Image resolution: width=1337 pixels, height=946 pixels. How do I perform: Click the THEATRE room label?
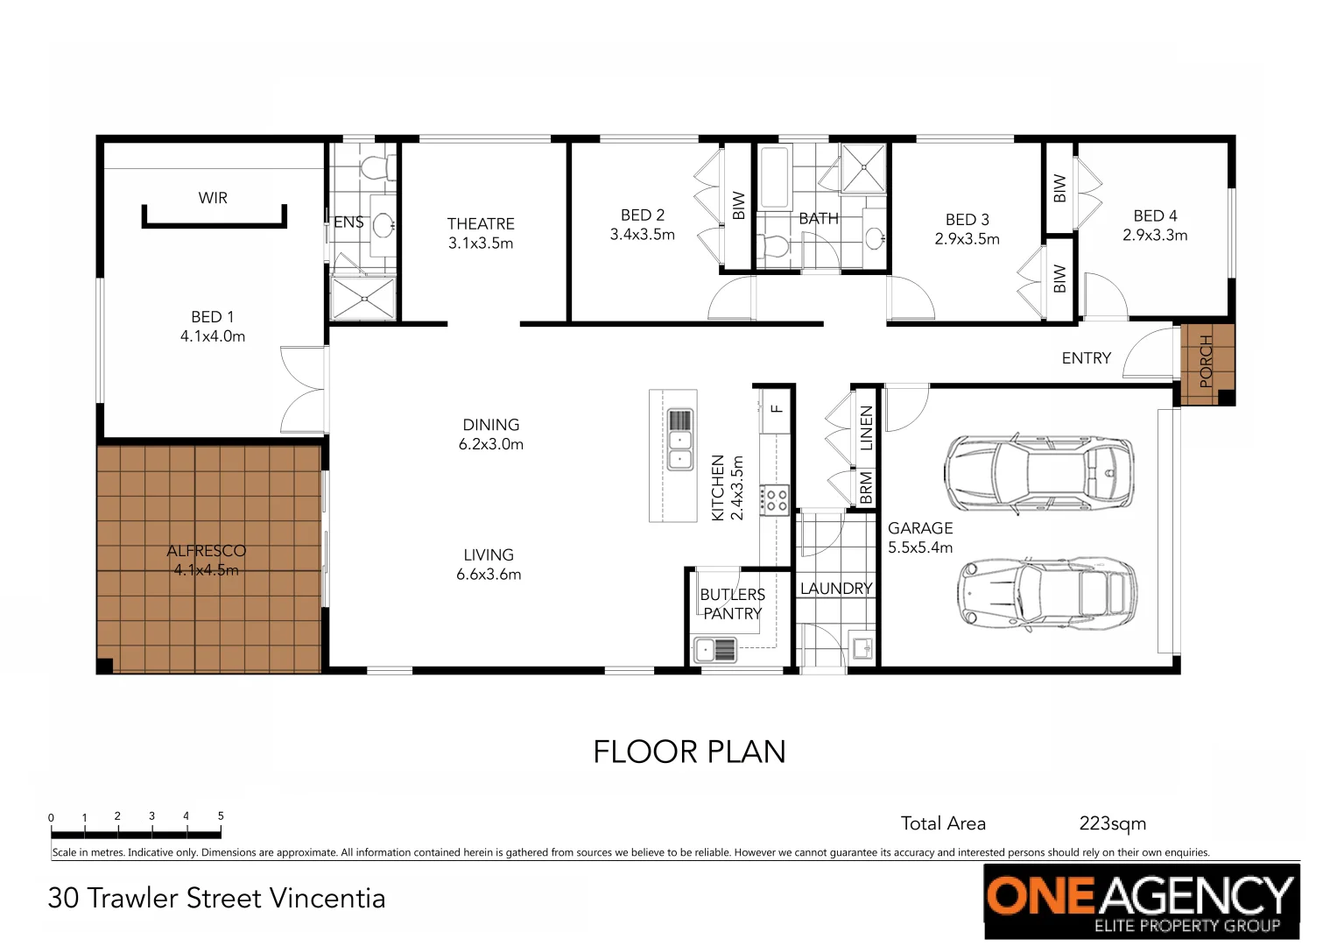[x=480, y=224]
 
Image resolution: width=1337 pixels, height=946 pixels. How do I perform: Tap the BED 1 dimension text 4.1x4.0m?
[x=213, y=336]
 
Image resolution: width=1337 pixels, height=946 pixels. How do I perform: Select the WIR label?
[x=213, y=198]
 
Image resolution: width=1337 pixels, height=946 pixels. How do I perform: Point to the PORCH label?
[x=1207, y=360]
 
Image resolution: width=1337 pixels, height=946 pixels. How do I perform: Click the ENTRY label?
[x=1086, y=358]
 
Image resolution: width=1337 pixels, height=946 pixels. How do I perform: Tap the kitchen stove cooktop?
[x=775, y=500]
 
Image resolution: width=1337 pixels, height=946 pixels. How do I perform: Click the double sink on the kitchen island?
[x=680, y=439]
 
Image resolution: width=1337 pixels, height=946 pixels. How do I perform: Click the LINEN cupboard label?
[x=867, y=428]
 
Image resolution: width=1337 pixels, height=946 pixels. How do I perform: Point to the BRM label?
[x=866, y=488]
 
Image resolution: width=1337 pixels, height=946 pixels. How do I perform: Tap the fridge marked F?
[x=776, y=409]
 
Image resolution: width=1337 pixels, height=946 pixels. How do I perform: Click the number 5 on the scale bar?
[x=221, y=815]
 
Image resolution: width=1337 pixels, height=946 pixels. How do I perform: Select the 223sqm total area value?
[x=1112, y=823]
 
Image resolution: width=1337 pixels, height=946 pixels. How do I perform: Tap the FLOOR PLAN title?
[x=689, y=752]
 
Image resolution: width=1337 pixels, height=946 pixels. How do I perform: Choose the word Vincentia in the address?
[x=327, y=899]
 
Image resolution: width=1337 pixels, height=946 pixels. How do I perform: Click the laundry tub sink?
[x=862, y=648]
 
